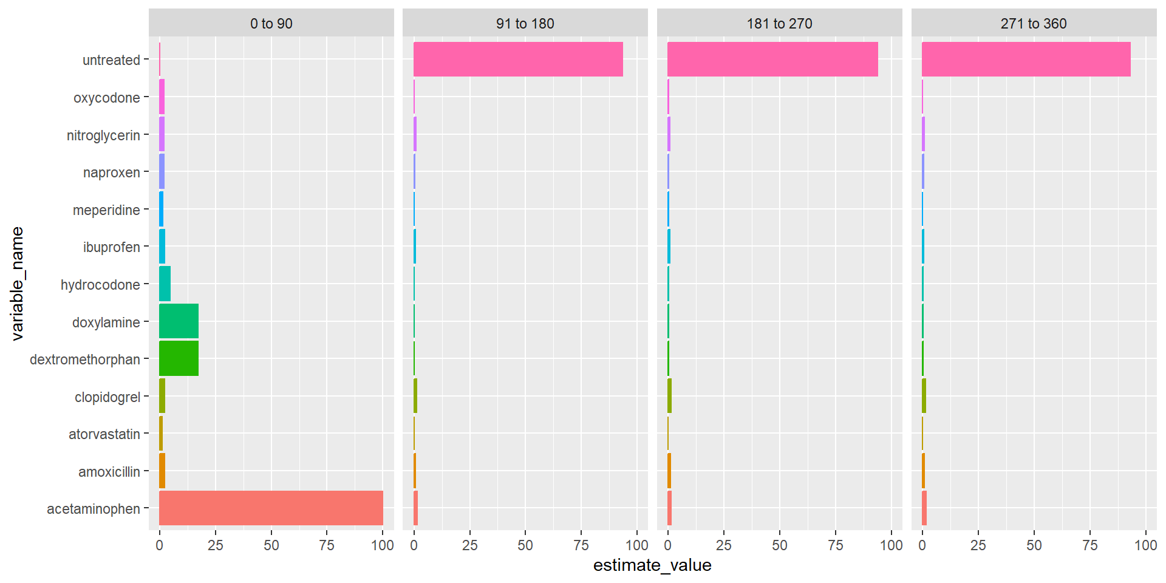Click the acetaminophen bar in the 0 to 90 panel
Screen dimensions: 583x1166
tap(271, 508)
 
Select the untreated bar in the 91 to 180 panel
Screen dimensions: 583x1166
tap(518, 59)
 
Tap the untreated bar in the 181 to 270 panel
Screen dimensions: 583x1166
tap(772, 59)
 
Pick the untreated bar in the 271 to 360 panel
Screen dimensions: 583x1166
tap(1026, 59)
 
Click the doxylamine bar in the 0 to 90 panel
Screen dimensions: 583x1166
tap(179, 321)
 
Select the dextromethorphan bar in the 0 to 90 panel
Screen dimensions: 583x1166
tap(179, 358)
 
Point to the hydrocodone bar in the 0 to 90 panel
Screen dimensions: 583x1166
tap(165, 284)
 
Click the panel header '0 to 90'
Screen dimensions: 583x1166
tap(271, 24)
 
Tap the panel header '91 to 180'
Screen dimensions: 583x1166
tap(525, 24)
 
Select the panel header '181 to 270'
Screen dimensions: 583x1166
tap(779, 24)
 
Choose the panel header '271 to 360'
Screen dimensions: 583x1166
tap(1034, 24)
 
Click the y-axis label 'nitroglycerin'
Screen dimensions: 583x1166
tap(103, 135)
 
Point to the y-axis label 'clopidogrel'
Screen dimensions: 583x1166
tap(107, 397)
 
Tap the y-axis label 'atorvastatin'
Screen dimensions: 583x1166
tap(104, 434)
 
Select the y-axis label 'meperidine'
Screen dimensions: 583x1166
tap(106, 210)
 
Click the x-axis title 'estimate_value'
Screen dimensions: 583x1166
tap(652, 565)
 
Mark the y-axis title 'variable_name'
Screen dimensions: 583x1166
tap(17, 284)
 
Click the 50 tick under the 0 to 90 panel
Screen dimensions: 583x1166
tap(271, 545)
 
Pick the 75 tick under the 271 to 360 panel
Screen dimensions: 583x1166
tap(1089, 545)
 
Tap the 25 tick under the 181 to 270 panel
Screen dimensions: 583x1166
tap(723, 545)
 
